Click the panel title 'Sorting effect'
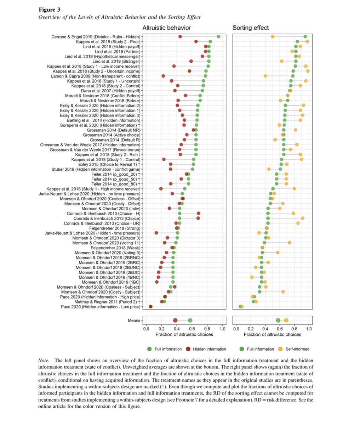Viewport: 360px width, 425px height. (251, 28)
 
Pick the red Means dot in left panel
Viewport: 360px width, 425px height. (176, 321)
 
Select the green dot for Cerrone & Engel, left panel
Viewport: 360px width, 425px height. (218, 36)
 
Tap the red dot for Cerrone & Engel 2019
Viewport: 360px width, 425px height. (180, 36)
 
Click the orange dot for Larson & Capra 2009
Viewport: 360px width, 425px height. (265, 76)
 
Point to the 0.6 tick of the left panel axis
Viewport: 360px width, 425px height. (192, 329)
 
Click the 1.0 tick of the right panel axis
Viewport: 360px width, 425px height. (309, 329)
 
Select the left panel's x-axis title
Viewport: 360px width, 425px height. (184, 334)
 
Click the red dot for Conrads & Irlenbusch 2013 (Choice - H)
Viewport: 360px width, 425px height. (199, 213)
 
